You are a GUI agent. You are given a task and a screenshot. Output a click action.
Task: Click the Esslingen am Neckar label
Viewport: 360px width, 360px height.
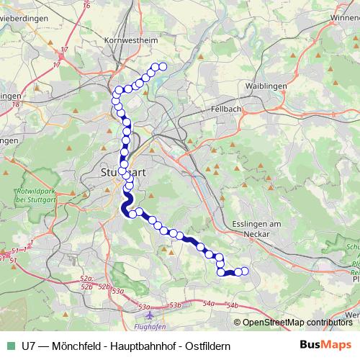pyautogui.click(x=256, y=228)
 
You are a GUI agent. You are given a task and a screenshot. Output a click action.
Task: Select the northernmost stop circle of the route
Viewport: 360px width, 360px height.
pyautogui.click(x=163, y=67)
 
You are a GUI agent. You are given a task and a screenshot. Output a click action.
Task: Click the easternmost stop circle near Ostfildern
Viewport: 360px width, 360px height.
pyautogui.click(x=245, y=271)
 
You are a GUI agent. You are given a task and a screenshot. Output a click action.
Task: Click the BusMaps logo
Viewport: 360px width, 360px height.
pyautogui.click(x=326, y=345)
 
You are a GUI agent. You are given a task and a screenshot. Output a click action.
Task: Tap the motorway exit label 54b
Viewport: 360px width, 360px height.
pyautogui.click(x=232, y=305)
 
